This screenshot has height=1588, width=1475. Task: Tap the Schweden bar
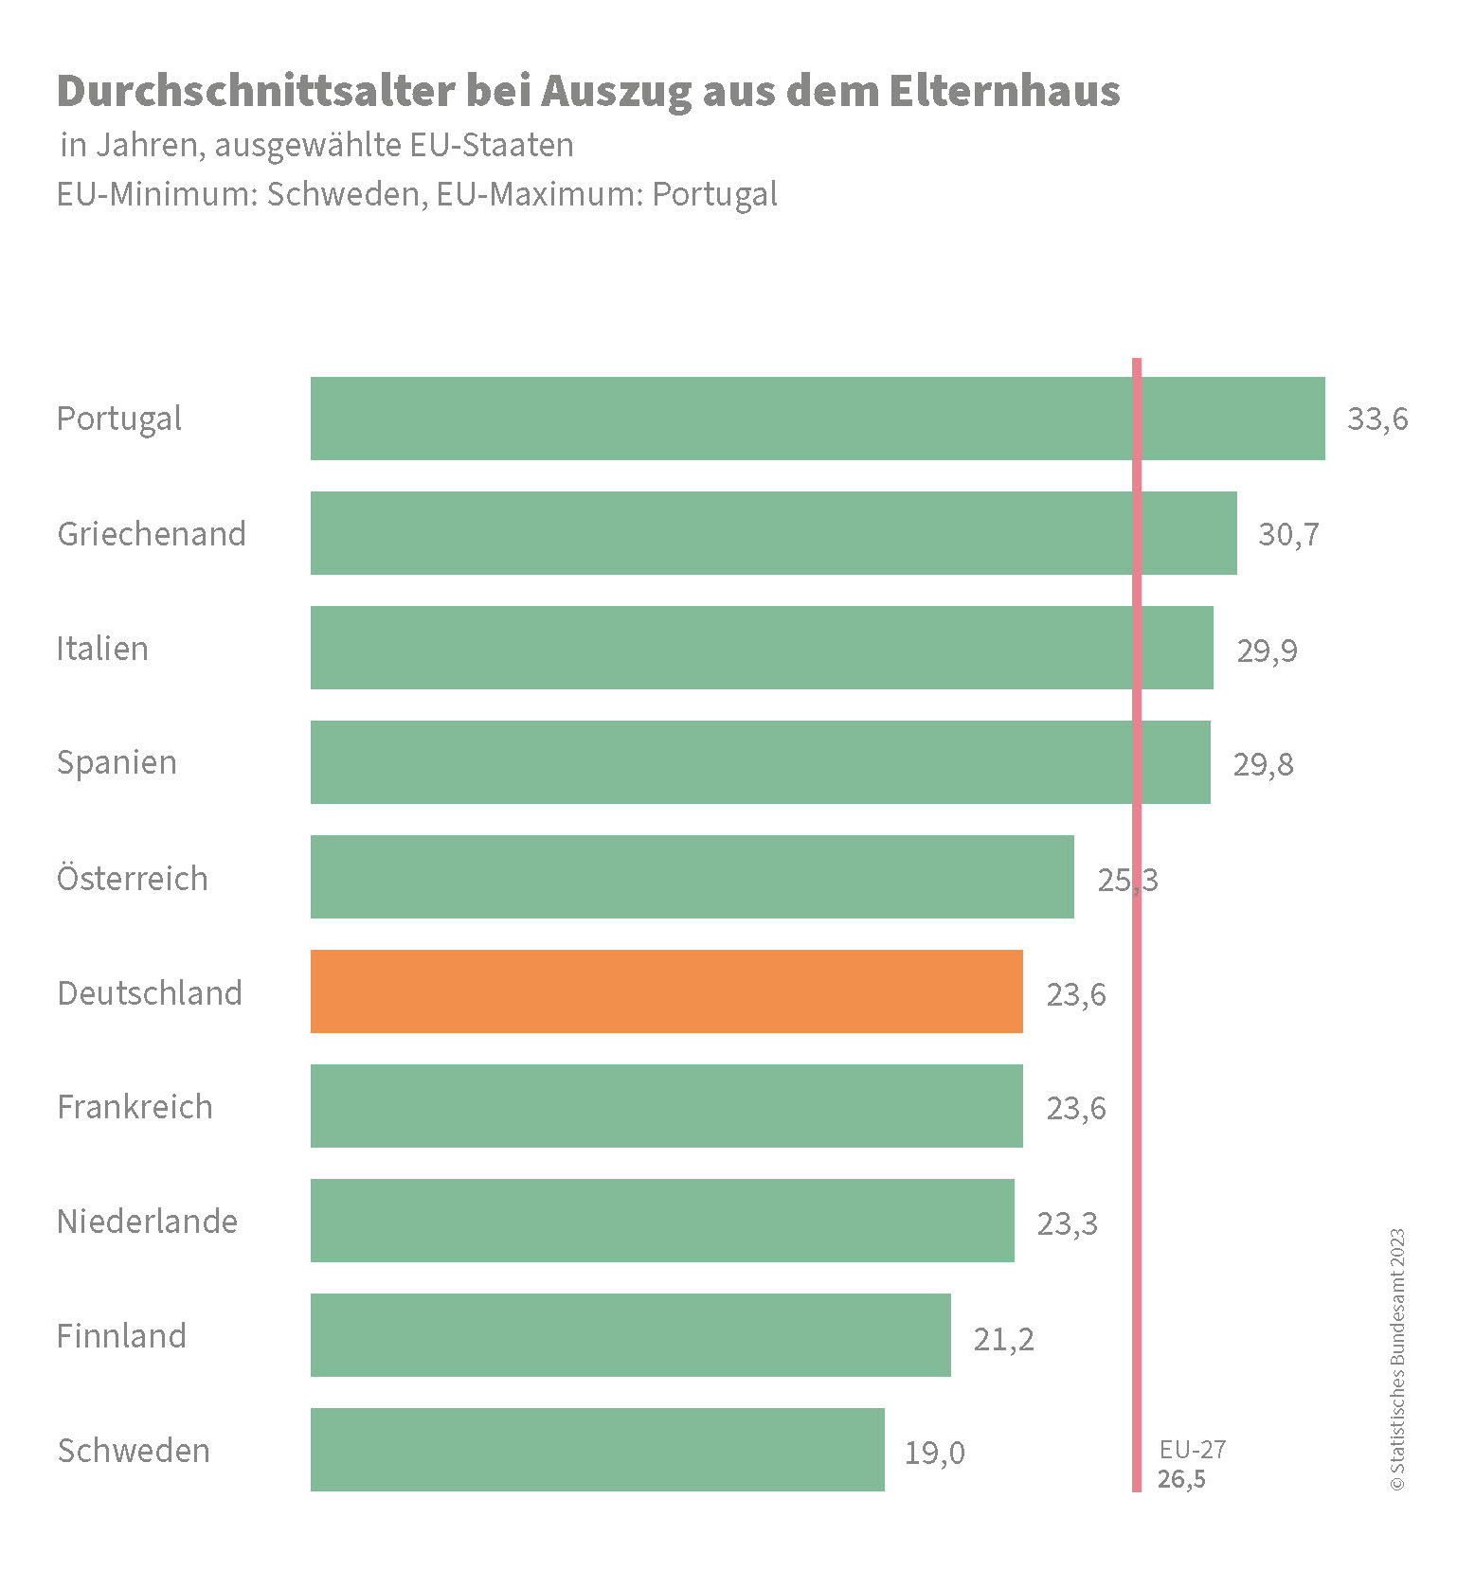(x=597, y=1449)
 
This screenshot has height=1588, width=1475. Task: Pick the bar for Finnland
(x=630, y=1334)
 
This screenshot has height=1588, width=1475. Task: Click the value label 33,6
(x=1377, y=419)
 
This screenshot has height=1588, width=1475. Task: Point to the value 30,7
(x=1288, y=534)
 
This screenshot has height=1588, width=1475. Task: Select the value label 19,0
(x=934, y=1452)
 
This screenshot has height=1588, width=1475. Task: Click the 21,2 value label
(x=1003, y=1338)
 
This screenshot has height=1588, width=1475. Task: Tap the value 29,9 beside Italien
(x=1267, y=650)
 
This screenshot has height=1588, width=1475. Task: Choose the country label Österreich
(x=132, y=878)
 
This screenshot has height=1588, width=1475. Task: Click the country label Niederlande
(x=147, y=1221)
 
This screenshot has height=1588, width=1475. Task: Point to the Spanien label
(x=117, y=762)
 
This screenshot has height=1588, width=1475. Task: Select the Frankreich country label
(x=135, y=1106)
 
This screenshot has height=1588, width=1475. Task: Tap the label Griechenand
(x=152, y=533)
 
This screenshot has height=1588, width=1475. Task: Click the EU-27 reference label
(x=1192, y=1449)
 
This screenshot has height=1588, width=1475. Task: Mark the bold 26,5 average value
(x=1181, y=1478)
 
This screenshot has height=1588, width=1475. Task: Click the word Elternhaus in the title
(x=1004, y=91)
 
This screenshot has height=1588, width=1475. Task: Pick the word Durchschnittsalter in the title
(x=255, y=91)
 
